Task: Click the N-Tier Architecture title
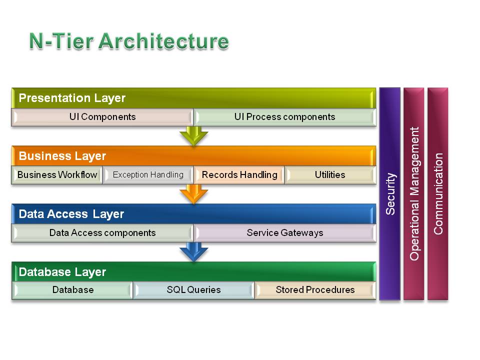tap(129, 41)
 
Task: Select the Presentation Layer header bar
tap(194, 98)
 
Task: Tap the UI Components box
tap(102, 117)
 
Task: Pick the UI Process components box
tap(284, 117)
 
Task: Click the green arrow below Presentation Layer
tap(194, 135)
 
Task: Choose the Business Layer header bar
tap(194, 156)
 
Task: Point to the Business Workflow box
tap(57, 175)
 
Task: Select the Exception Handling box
tap(148, 175)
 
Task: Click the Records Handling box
tap(239, 175)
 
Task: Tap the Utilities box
tap(330, 175)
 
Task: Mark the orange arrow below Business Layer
tap(194, 194)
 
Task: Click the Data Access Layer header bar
tap(194, 214)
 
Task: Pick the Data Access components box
tap(102, 233)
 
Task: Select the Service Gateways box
tap(284, 233)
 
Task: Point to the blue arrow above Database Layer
tap(194, 251)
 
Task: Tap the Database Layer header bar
tap(194, 272)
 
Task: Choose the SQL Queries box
tap(193, 290)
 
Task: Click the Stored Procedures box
tap(315, 290)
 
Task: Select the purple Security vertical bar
tap(389, 194)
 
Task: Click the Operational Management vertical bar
tap(414, 194)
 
